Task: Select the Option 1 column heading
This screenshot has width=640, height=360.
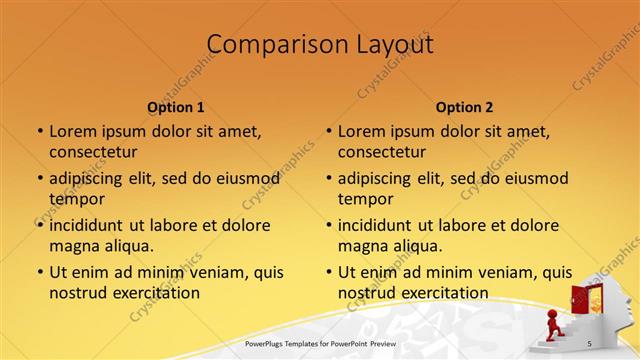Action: tap(176, 107)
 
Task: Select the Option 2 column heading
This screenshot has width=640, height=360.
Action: tap(465, 107)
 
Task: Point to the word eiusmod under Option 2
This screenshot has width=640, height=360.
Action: tap(533, 178)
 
